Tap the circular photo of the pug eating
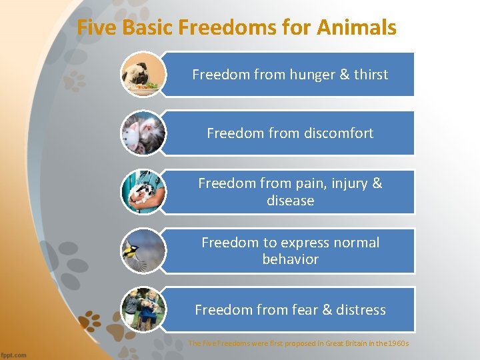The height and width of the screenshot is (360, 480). [x=143, y=75]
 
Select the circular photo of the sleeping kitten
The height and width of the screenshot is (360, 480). [x=143, y=133]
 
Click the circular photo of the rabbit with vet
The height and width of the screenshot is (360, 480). [x=143, y=192]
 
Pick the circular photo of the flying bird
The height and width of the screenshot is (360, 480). [x=143, y=251]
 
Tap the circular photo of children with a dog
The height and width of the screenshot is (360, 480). [x=143, y=309]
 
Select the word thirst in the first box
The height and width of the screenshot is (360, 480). [x=371, y=75]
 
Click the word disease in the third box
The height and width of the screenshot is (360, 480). [x=290, y=201]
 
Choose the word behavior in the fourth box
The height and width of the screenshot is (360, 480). [x=290, y=259]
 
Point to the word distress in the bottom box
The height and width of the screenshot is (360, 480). [x=361, y=310]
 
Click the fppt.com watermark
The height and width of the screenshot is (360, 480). [x=14, y=355]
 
